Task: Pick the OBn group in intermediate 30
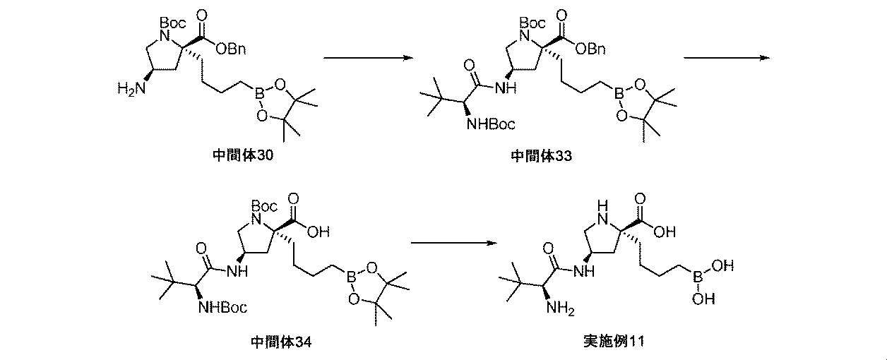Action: tap(231, 49)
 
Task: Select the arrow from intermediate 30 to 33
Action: tap(367, 58)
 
